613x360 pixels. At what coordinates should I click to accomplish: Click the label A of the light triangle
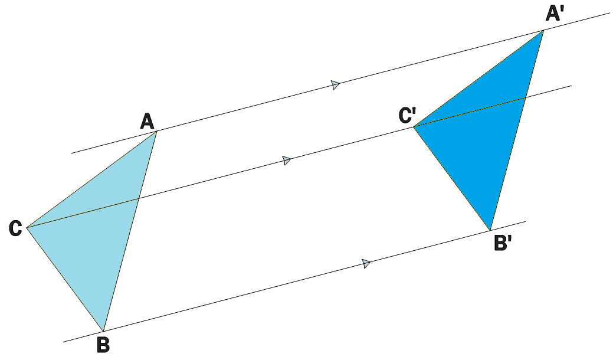[x=147, y=121]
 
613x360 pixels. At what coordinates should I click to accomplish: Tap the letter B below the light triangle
[x=103, y=345]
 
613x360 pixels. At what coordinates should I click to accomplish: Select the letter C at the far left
[x=15, y=228]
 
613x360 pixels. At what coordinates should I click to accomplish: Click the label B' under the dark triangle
[x=503, y=243]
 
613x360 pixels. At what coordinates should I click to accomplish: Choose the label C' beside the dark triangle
[x=407, y=116]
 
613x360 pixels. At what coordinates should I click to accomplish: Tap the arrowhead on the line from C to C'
[x=287, y=160]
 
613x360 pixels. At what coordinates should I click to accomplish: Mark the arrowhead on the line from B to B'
[x=366, y=263]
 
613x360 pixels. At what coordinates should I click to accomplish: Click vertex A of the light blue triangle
[x=157, y=131]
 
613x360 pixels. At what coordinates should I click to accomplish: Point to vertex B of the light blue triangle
[x=103, y=331]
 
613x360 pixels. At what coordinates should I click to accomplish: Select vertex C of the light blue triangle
[x=27, y=227]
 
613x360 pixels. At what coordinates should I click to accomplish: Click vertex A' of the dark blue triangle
[x=543, y=30]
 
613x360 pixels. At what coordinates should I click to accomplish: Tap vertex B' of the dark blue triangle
[x=490, y=230]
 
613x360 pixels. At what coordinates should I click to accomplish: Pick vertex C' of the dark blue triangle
[x=413, y=127]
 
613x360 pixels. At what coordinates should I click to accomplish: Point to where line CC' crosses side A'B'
[x=525, y=99]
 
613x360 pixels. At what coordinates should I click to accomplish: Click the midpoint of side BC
[x=65, y=279]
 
